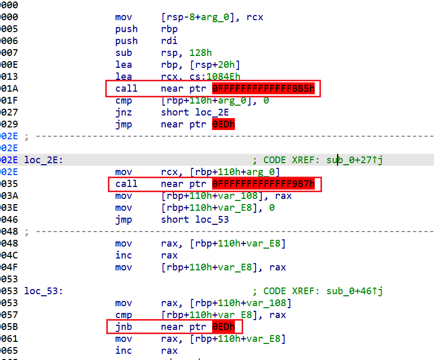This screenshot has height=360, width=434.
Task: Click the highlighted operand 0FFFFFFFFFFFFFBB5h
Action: (x=263, y=89)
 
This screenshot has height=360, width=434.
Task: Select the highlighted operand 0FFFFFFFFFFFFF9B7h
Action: (x=263, y=184)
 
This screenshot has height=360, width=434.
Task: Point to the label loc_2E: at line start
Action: (x=44, y=160)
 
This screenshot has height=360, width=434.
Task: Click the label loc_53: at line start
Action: (x=44, y=291)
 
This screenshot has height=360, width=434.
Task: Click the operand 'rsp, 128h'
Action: (x=186, y=53)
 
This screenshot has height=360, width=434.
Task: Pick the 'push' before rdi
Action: (x=126, y=41)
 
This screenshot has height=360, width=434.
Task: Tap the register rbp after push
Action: (x=169, y=29)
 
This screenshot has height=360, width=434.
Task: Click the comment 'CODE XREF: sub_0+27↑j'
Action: (x=323, y=160)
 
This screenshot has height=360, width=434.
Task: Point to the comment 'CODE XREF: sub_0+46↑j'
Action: (x=323, y=291)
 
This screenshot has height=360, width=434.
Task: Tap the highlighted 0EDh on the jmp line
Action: (x=223, y=124)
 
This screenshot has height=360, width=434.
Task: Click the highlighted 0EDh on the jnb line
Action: (x=223, y=327)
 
